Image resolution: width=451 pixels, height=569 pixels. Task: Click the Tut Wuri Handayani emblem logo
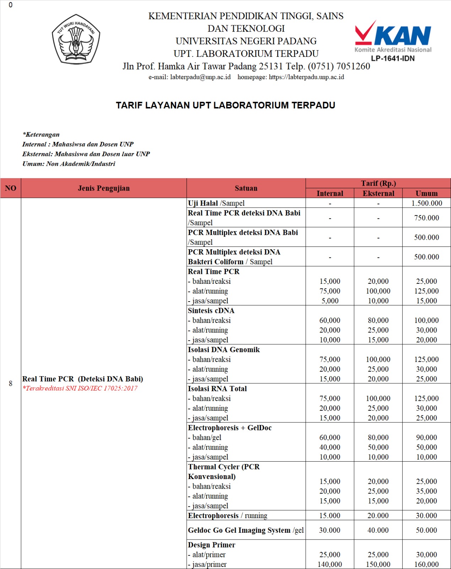(x=76, y=39)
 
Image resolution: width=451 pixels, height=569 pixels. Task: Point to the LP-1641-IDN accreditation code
(x=393, y=59)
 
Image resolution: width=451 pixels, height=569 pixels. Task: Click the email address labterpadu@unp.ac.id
(x=200, y=77)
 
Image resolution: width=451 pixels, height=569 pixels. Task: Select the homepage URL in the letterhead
(x=306, y=77)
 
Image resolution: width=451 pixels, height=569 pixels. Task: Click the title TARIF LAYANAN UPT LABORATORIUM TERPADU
(x=225, y=105)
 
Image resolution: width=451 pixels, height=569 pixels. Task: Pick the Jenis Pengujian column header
(x=104, y=188)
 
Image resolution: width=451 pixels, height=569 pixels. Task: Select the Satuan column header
(x=246, y=188)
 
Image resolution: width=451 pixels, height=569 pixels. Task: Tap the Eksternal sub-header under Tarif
(x=378, y=193)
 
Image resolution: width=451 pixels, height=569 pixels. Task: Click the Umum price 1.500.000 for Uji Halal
(x=426, y=203)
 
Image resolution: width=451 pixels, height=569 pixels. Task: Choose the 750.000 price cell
(x=426, y=218)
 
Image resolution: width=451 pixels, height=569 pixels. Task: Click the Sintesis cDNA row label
(x=211, y=310)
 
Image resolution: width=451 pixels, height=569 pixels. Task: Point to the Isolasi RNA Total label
(x=217, y=389)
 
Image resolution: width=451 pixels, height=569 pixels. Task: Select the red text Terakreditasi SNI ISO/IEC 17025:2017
(x=80, y=388)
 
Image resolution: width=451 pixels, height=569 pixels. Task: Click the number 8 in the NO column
(x=11, y=383)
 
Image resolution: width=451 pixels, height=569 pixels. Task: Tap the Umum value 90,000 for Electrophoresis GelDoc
(x=426, y=437)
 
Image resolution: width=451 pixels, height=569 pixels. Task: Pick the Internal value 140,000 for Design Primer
(x=330, y=564)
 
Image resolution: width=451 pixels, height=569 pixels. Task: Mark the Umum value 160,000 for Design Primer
(x=426, y=564)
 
